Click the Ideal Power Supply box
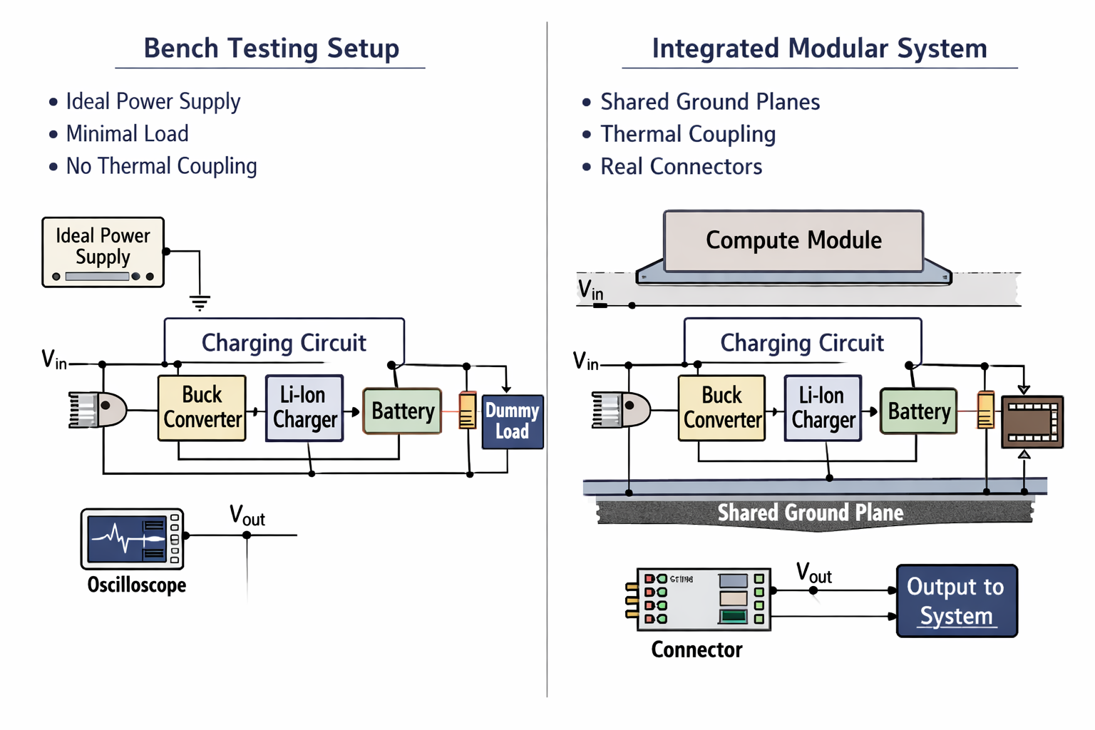[103, 252]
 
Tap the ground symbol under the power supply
[200, 303]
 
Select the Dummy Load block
[513, 421]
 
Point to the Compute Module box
[793, 241]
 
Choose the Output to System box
[956, 600]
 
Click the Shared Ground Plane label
[811, 513]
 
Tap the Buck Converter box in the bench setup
[202, 408]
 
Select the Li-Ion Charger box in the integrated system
[823, 408]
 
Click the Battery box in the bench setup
[402, 411]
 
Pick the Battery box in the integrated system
[918, 411]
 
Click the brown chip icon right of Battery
[1032, 422]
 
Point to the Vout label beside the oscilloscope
[247, 515]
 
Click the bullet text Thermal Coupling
[688, 134]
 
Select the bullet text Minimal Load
[127, 133]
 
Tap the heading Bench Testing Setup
[271, 48]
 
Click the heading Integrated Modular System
[819, 48]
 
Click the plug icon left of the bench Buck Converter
[98, 410]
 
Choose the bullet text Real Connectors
[681, 167]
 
